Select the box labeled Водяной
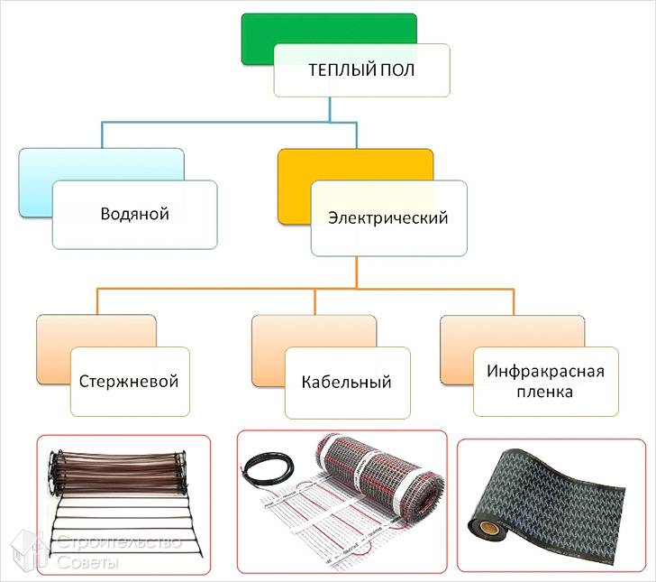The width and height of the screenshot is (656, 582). coord(134,215)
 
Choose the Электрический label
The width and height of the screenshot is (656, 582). coord(388,217)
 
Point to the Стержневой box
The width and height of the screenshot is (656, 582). coord(129,381)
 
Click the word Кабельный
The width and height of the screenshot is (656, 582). coord(347,382)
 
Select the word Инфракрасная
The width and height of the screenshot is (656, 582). coord(545,371)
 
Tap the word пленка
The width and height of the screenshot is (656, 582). coord(545,393)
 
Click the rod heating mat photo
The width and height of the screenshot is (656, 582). coord(122,501)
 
